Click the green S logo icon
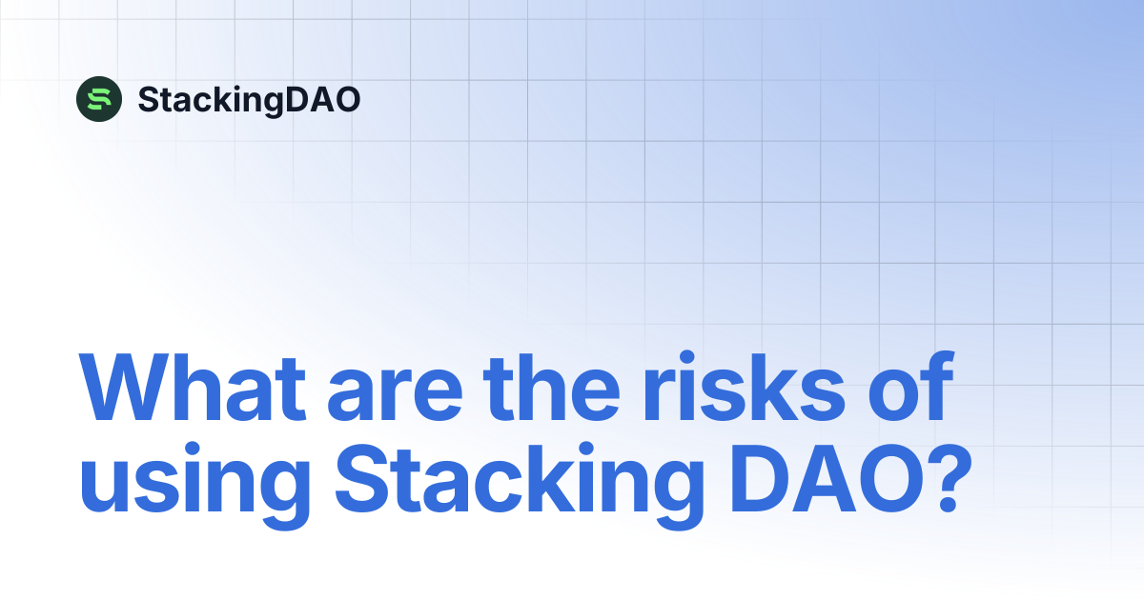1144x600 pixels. [99, 99]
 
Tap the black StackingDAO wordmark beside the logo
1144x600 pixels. [249, 100]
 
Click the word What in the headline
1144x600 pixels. [193, 387]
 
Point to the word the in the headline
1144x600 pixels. [552, 387]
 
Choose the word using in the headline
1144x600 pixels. [194, 486]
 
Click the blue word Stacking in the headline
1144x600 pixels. [520, 486]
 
